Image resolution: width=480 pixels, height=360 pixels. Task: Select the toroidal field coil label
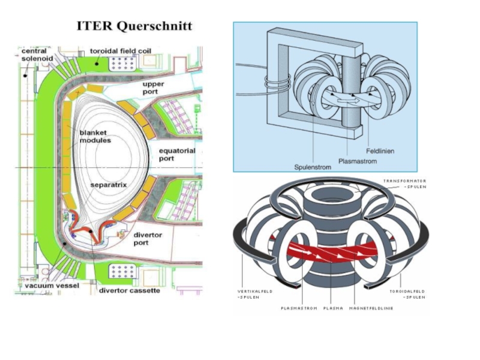[x=120, y=51]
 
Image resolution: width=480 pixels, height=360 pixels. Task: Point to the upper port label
[x=153, y=89]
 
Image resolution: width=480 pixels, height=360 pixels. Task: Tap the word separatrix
[x=109, y=185]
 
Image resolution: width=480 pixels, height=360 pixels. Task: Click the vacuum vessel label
[x=52, y=286]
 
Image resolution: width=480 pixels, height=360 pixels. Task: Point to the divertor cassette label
[x=129, y=290]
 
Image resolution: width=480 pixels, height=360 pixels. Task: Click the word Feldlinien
[x=380, y=151]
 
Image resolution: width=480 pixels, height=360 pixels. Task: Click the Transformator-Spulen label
[x=406, y=184]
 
